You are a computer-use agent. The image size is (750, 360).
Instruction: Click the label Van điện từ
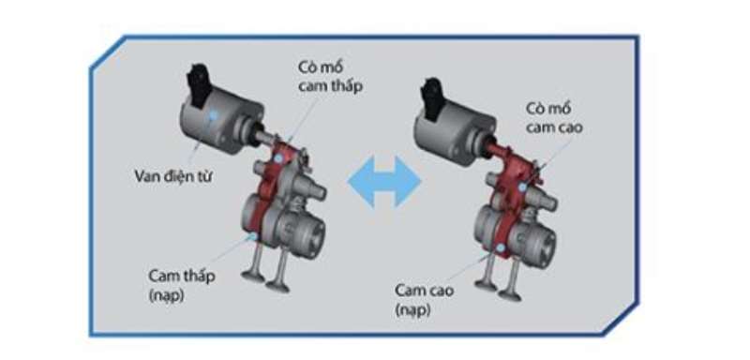173,176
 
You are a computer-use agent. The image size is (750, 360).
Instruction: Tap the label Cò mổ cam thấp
330,77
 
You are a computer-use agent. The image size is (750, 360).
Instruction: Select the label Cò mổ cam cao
554,118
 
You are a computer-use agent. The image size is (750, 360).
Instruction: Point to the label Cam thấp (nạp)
182,285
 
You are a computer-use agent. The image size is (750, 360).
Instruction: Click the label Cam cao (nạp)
425,300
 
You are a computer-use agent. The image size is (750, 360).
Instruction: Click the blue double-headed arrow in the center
384,181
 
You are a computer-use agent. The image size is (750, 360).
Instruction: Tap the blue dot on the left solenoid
213,115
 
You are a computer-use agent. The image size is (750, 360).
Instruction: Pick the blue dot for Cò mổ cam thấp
278,157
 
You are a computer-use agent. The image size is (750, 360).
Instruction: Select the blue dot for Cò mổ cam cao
523,187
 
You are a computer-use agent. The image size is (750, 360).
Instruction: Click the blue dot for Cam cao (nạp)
501,247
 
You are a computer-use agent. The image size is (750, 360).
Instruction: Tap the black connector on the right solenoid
432,97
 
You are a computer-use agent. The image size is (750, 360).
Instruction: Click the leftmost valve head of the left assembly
253,277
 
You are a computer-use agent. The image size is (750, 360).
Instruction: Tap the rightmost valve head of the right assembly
509,295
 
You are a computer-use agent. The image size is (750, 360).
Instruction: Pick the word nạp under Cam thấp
167,295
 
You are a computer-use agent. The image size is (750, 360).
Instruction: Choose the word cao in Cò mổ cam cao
569,127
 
